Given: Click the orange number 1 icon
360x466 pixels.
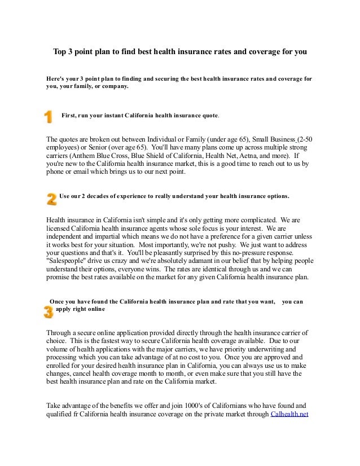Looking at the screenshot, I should tap(48, 117).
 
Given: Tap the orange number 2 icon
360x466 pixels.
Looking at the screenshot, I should tap(51, 199).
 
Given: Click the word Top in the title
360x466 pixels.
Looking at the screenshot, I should tap(60, 51).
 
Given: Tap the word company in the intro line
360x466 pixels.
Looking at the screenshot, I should tap(113, 87).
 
